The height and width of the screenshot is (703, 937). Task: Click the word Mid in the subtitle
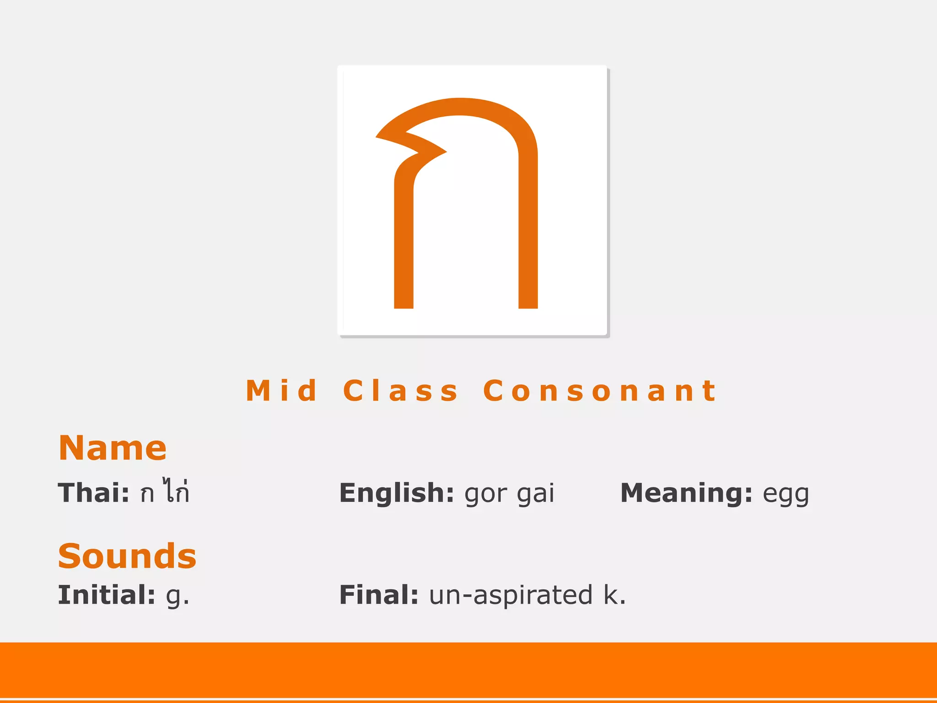point(281,391)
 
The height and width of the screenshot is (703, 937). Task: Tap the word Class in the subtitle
point(400,391)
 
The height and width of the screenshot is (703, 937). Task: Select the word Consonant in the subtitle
point(599,391)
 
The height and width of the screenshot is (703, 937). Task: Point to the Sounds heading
point(127,556)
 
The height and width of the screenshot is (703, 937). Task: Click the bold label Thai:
point(94,493)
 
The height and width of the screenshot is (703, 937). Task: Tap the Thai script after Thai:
point(165,492)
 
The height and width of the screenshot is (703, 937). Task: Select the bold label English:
point(397,493)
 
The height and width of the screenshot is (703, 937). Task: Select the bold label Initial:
point(107,595)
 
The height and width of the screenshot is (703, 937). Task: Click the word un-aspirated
point(511,595)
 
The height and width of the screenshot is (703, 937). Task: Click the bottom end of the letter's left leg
point(404,304)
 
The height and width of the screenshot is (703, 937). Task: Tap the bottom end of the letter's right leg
point(528,304)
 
